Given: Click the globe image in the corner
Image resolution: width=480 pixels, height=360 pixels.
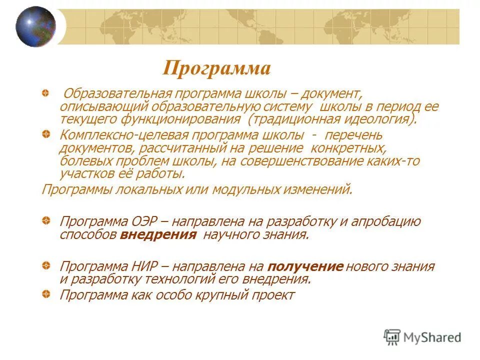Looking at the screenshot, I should [35, 26].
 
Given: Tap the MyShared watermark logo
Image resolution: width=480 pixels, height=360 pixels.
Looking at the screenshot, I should [422, 337].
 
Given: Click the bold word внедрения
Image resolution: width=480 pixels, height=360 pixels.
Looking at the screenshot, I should [158, 235].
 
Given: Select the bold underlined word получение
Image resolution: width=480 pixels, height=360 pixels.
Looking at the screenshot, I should [306, 266].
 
